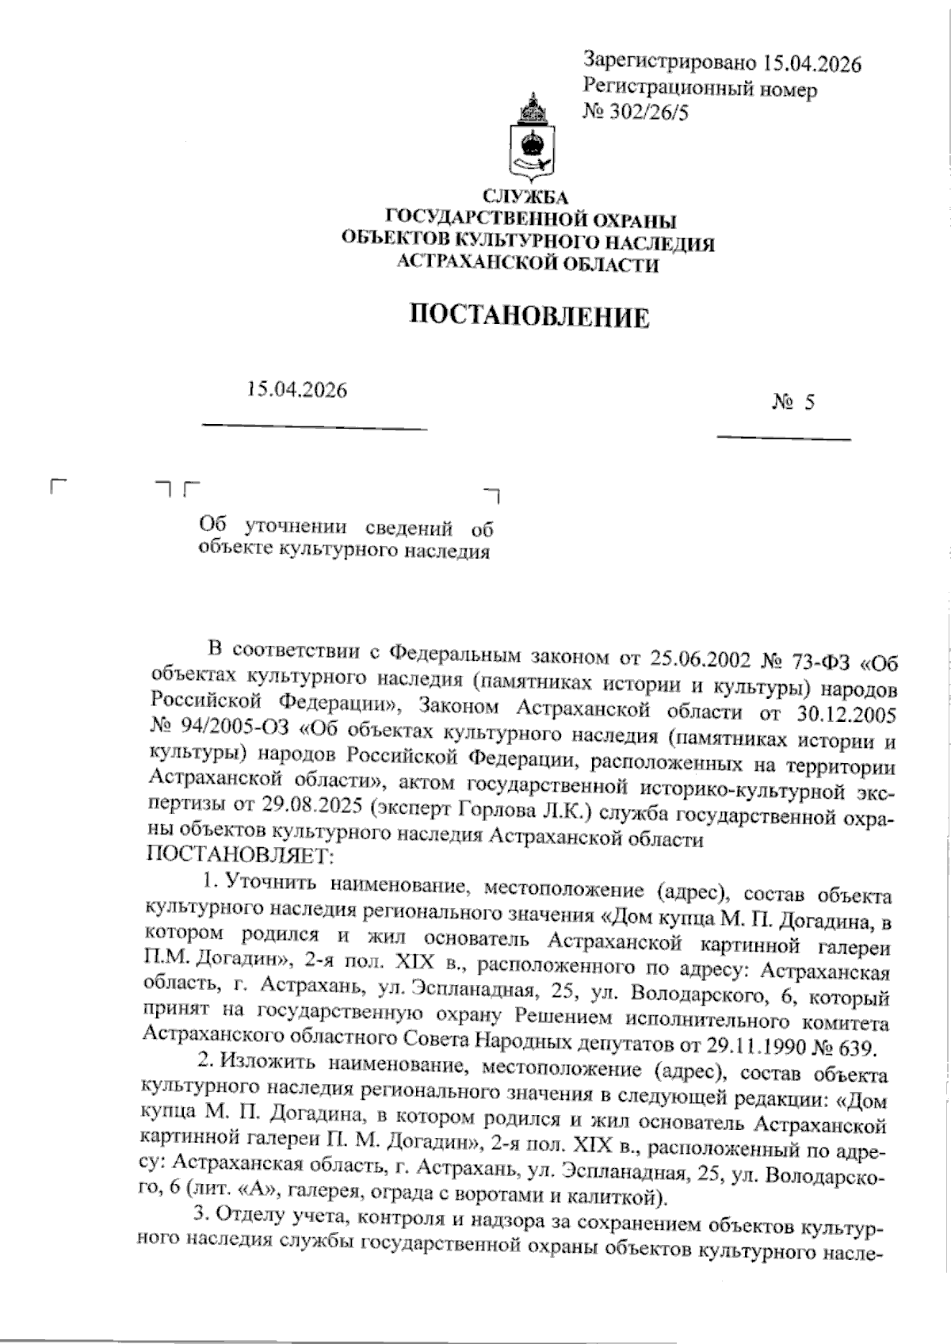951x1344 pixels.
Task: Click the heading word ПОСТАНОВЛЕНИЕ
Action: [x=529, y=317]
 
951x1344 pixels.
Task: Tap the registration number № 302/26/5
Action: [x=636, y=113]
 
